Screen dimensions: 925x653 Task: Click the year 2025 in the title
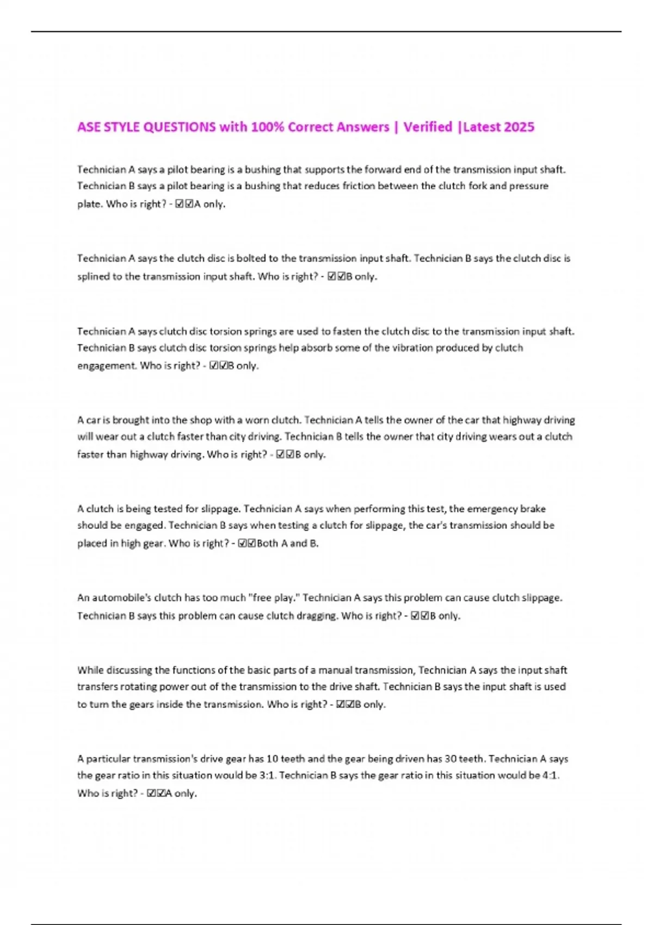click(x=519, y=127)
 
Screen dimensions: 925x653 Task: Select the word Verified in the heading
click(x=428, y=127)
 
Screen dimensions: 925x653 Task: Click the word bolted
click(x=257, y=258)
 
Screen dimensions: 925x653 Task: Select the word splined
click(x=94, y=276)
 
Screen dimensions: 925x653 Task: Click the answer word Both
click(x=267, y=543)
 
